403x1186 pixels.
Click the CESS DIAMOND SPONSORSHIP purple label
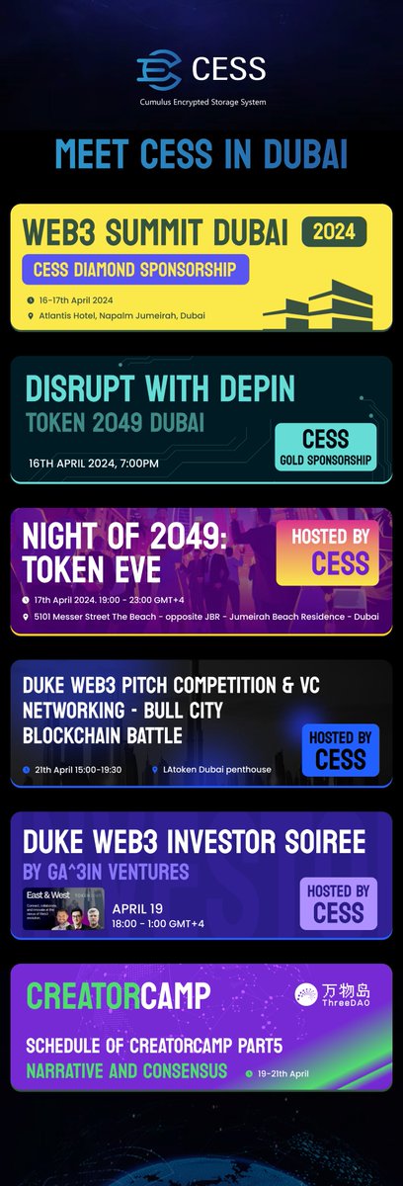click(134, 269)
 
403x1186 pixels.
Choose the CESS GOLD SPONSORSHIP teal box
click(325, 446)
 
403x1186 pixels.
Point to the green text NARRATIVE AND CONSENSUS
click(125, 1070)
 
